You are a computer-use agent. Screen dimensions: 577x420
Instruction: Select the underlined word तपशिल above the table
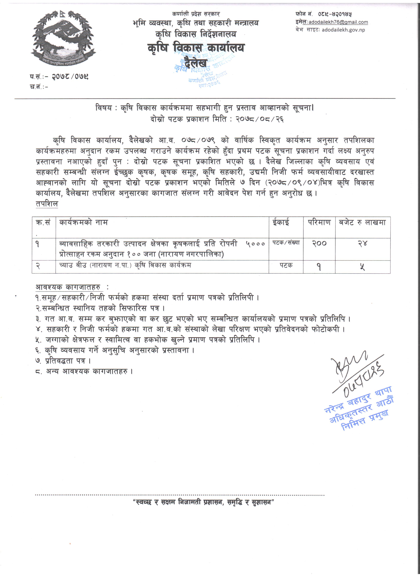47,204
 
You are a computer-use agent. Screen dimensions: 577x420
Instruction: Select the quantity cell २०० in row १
319,243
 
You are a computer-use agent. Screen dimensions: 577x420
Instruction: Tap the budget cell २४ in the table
363,243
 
